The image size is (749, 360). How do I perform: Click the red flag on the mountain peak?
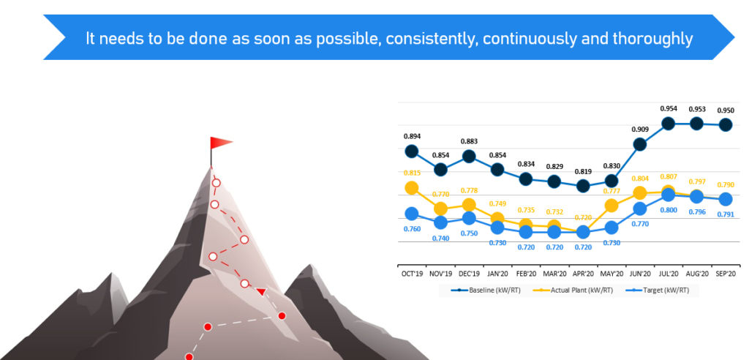[x=221, y=143]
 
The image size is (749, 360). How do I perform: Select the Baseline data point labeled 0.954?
[x=669, y=124]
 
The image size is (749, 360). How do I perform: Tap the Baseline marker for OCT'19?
[x=412, y=151]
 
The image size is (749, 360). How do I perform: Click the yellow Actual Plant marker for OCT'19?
[x=412, y=188]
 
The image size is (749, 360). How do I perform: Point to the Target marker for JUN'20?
[x=639, y=209]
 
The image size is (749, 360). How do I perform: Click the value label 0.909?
[x=639, y=129]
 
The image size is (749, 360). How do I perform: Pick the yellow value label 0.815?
[x=412, y=173]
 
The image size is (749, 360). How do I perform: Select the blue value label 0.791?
[x=726, y=214]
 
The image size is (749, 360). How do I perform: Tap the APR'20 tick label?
[x=583, y=274]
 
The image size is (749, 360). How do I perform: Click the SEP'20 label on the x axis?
[x=725, y=274]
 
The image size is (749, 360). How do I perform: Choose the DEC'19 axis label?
[x=469, y=274]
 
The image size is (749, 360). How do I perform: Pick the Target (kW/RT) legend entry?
[x=658, y=290]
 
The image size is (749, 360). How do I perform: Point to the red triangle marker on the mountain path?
[x=261, y=292]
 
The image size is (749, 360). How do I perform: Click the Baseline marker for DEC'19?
[x=469, y=157]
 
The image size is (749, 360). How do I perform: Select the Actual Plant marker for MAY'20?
[x=611, y=206]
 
